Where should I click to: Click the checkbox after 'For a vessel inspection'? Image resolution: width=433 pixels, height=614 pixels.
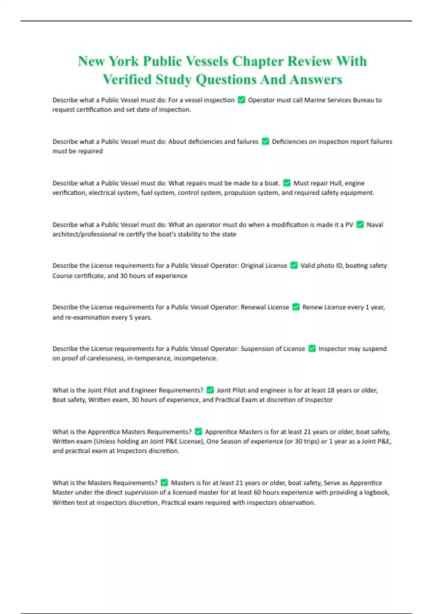coord(241,100)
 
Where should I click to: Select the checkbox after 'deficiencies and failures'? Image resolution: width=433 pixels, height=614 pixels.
coord(265,142)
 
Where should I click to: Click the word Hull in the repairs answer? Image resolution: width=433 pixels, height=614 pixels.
coord(336,183)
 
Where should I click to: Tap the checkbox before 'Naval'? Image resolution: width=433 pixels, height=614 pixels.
coord(360,225)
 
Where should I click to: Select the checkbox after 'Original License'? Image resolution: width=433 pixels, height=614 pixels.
coord(294,266)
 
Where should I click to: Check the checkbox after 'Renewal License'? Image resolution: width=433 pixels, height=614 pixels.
coord(296,307)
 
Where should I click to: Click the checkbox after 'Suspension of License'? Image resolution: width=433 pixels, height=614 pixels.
coord(312,349)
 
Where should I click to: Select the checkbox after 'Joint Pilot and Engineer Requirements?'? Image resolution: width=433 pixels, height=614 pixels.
coord(210,390)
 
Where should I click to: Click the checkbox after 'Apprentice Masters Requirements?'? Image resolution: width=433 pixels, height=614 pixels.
coord(198,432)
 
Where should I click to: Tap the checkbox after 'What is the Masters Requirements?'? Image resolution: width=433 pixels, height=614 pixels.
coord(164,483)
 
